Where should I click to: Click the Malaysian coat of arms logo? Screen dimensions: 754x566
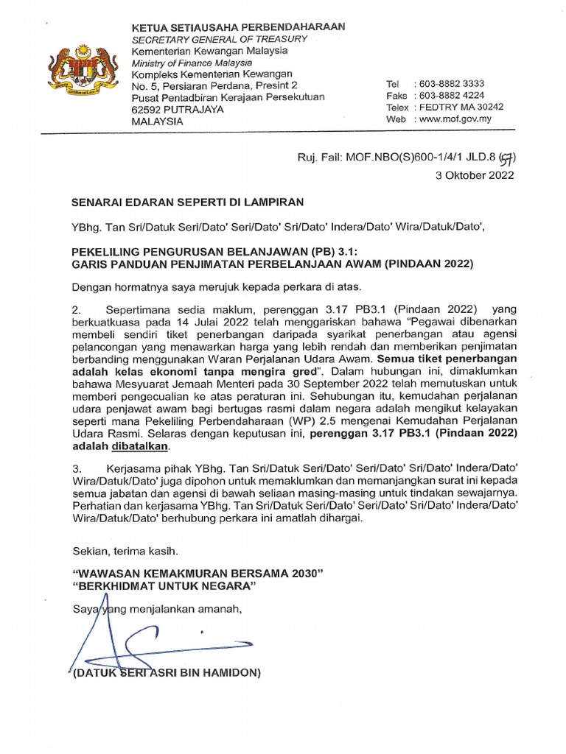81,73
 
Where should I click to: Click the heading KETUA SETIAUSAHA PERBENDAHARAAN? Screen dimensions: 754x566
238,27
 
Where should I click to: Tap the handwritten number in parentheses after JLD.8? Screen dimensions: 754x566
506,157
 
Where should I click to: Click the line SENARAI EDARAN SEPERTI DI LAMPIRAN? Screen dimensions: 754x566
186,201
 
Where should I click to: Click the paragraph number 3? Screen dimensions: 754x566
75,468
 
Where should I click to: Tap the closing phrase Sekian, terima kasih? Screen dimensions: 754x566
125,551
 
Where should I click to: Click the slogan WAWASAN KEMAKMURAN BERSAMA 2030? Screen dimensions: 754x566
198,574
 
